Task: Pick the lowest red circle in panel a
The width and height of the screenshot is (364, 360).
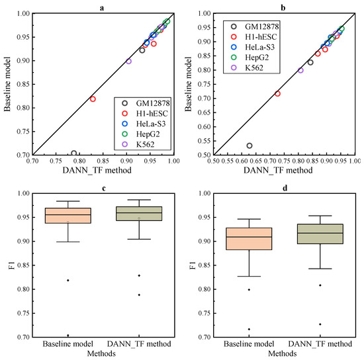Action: (x=93, y=99)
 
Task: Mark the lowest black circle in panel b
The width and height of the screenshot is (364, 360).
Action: (x=250, y=146)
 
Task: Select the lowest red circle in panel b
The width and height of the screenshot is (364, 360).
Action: (x=277, y=93)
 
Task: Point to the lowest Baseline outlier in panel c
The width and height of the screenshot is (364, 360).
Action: (x=68, y=335)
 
